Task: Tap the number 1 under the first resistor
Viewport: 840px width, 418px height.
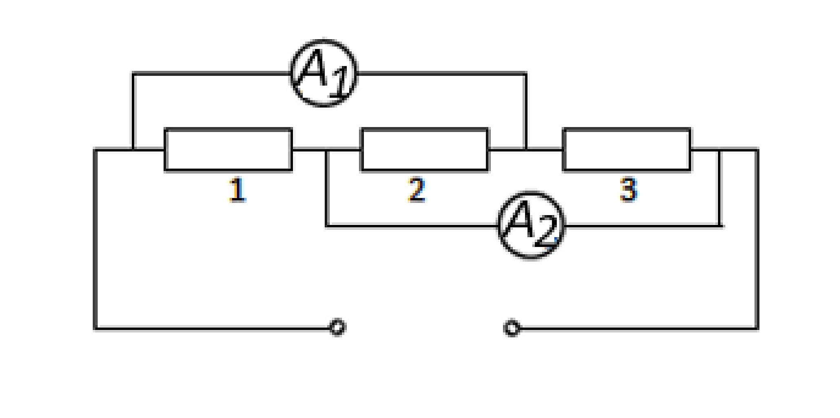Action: click(237, 190)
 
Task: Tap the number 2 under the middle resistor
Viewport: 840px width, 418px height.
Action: click(417, 190)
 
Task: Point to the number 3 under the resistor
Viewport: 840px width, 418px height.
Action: click(628, 190)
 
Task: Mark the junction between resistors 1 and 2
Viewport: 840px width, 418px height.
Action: click(327, 150)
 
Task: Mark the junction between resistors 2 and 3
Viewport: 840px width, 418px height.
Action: click(526, 150)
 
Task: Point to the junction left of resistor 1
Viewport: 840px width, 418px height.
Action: click(133, 150)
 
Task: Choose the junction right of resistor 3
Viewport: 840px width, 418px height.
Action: click(720, 150)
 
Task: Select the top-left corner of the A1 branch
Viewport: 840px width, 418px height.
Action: click(133, 73)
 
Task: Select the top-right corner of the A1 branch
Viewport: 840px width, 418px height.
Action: click(526, 73)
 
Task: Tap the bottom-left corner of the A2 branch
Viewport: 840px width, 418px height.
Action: click(327, 225)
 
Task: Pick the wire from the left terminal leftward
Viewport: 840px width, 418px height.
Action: click(213, 328)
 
